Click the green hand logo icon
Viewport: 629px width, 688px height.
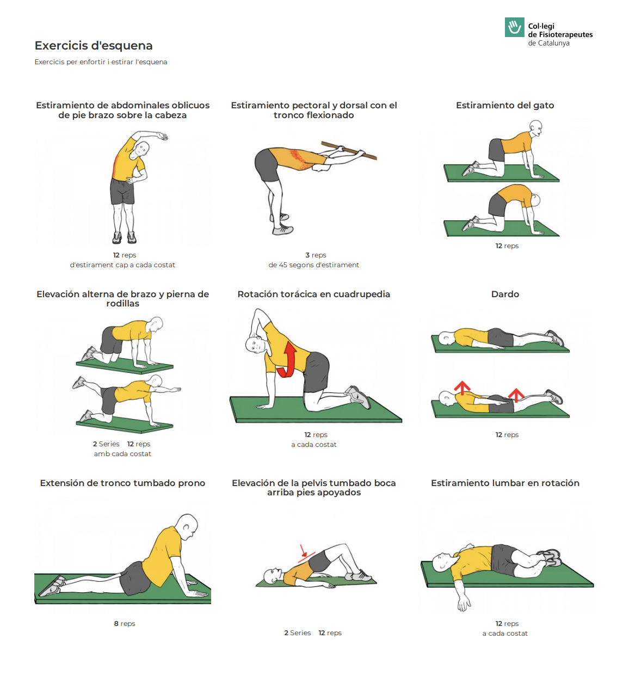514,27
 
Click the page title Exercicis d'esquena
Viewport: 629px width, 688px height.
93,46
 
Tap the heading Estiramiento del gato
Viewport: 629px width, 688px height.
505,105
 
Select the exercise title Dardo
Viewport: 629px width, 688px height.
505,294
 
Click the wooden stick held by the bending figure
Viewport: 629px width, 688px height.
348,150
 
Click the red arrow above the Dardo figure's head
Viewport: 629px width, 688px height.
462,388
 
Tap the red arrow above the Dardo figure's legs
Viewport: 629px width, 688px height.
516,395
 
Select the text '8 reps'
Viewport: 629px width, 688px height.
125,624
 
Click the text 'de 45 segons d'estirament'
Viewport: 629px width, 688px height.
313,265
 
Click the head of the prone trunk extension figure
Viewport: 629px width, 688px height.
187,527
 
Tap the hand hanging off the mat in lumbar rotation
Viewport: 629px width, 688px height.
464,603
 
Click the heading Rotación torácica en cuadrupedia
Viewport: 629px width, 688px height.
313,294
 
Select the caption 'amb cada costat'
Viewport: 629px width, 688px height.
122,454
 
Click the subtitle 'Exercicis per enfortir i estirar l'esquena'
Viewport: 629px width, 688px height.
101,62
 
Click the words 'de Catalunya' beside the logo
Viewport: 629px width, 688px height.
549,43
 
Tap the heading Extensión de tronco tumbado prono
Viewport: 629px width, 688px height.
122,483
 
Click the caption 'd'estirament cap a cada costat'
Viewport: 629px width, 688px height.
122,265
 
